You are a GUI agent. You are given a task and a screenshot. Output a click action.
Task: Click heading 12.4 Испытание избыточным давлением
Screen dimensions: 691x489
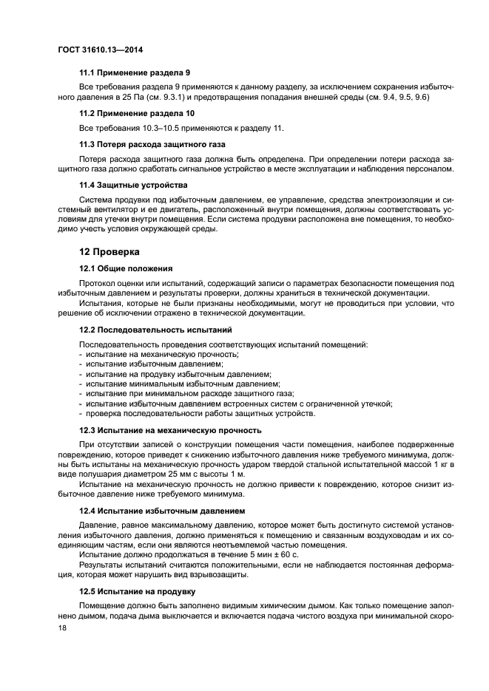pyautogui.click(x=163, y=511)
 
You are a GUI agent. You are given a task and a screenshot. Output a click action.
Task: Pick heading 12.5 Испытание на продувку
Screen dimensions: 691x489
pyautogui.click(x=137, y=591)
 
